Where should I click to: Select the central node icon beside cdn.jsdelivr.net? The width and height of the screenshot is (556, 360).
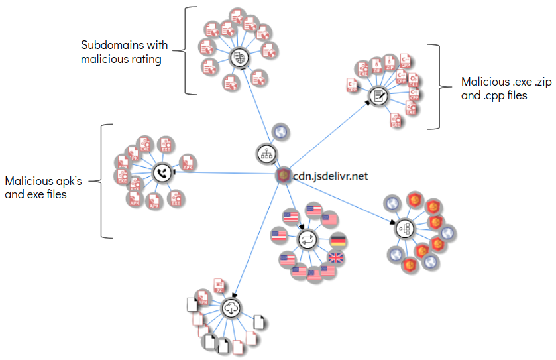tap(283, 175)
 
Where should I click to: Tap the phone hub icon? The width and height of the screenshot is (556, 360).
tap(162, 173)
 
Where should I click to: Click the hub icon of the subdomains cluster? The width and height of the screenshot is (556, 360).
tap(238, 58)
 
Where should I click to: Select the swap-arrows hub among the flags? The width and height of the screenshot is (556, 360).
tap(307, 240)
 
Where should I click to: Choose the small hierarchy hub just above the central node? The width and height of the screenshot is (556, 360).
tap(265, 154)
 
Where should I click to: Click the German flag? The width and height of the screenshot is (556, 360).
tap(339, 241)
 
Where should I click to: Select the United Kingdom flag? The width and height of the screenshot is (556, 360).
tap(337, 258)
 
